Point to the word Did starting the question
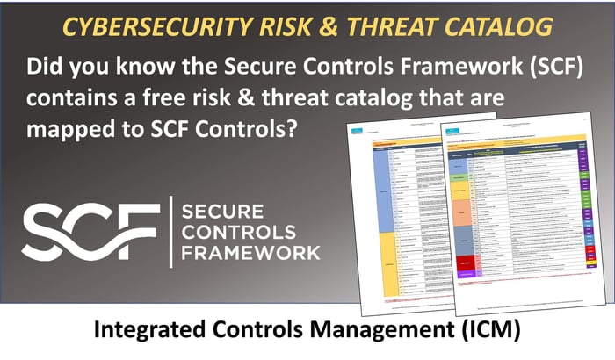click(x=47, y=68)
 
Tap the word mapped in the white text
click(x=71, y=128)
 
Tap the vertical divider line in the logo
click(x=169, y=231)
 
